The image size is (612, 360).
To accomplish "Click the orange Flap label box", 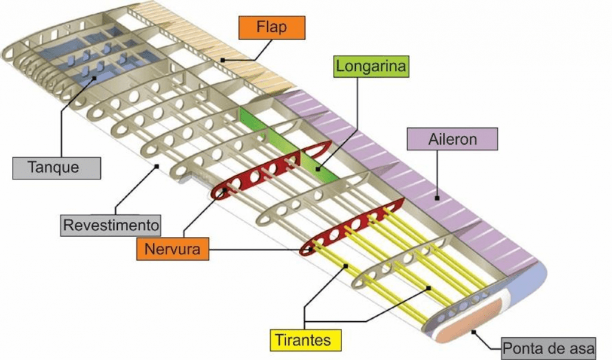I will (271, 27).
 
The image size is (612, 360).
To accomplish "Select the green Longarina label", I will (371, 66).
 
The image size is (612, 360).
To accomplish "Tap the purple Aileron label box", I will (452, 139).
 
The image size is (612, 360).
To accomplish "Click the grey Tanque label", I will (57, 167).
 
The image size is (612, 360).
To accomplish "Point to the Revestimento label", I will (112, 225).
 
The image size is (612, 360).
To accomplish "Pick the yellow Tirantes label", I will (304, 340).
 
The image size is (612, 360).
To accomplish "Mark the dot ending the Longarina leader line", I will (318, 170).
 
